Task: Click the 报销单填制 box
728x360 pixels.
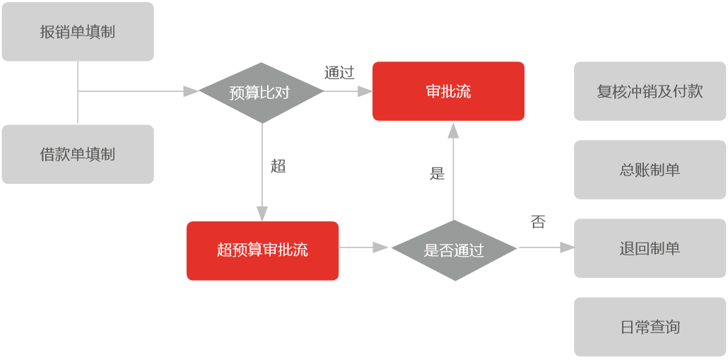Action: (78, 32)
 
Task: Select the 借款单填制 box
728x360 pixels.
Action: (78, 154)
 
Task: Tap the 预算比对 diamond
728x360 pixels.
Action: (261, 92)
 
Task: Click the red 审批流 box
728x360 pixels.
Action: (448, 91)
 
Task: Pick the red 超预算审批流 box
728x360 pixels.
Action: (262, 250)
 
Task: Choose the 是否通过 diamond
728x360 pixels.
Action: (454, 250)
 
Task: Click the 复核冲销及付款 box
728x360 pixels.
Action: (650, 91)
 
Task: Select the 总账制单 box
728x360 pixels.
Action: (650, 170)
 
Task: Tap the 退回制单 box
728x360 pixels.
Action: (650, 248)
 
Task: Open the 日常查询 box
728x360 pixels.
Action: (650, 327)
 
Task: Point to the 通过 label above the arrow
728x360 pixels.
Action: (339, 73)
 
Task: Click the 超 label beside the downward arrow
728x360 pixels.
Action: (278, 166)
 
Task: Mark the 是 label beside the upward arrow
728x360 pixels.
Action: (437, 173)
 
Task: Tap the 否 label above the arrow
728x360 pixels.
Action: (538, 222)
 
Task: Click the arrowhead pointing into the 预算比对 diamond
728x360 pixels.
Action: (191, 91)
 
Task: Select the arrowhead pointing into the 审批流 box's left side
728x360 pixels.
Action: (365, 91)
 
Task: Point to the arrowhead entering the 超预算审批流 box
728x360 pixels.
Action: (262, 214)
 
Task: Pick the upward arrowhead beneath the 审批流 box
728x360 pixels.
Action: (453, 129)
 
